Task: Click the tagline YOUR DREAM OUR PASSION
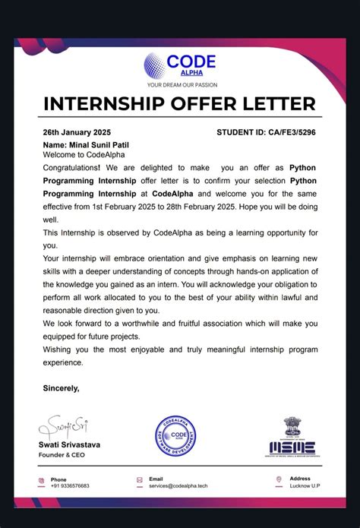point(179,84)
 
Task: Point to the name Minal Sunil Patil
point(85,144)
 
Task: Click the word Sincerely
point(62,387)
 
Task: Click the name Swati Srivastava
point(74,444)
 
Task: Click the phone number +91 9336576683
point(70,485)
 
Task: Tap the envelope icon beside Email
point(140,480)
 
